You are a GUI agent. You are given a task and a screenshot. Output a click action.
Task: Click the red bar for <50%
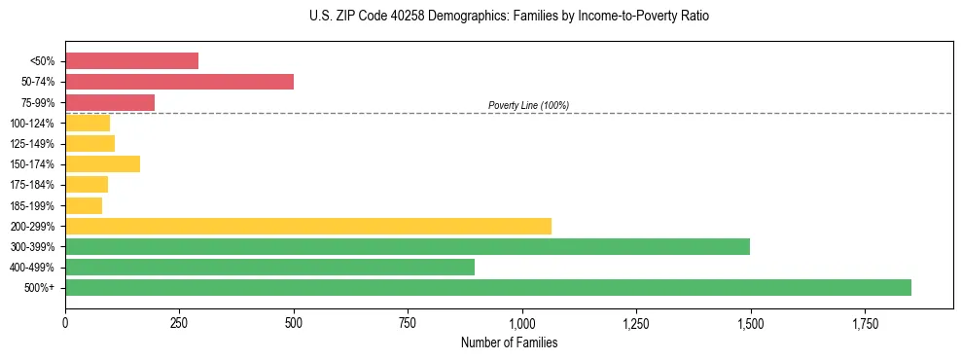(131, 61)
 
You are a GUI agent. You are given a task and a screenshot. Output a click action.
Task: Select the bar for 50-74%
(179, 82)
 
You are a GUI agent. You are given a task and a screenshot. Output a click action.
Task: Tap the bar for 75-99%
(110, 102)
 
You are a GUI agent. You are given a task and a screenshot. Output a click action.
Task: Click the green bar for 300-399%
(408, 246)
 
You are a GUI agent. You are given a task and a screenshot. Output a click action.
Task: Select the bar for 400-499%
(269, 267)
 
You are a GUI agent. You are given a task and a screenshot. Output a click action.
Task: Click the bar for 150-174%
(102, 163)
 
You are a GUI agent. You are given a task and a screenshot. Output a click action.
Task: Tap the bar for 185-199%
(84, 205)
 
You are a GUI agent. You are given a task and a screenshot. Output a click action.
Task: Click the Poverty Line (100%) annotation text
(528, 105)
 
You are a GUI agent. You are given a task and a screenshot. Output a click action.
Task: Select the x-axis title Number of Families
(509, 342)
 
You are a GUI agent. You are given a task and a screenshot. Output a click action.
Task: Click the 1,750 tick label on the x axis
(865, 323)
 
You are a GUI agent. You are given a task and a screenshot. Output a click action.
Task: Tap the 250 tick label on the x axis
(179, 323)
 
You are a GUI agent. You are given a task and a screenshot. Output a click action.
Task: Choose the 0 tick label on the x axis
(65, 323)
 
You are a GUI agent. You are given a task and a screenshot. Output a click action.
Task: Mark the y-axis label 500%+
(40, 288)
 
